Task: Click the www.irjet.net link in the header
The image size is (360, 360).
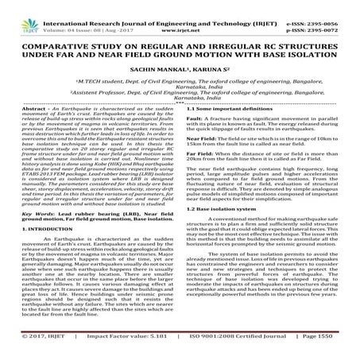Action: (178, 15)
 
